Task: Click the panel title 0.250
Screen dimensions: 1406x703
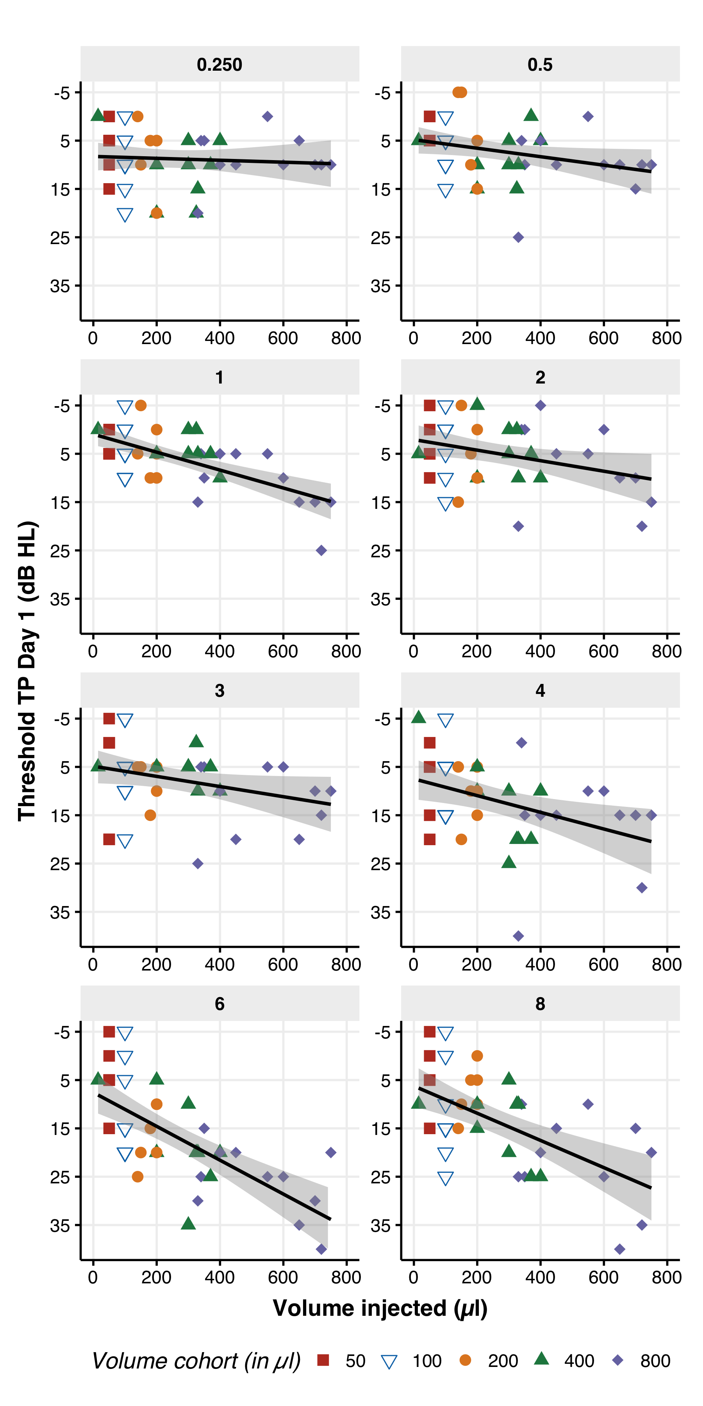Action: (219, 64)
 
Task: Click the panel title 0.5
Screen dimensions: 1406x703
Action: (540, 64)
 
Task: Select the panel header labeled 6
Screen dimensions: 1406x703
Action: (219, 1003)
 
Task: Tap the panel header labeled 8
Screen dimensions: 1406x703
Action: (540, 1003)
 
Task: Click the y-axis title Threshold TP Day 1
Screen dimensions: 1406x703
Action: (27, 671)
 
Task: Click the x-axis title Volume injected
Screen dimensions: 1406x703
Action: (380, 1308)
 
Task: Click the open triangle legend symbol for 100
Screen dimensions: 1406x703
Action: (389, 1361)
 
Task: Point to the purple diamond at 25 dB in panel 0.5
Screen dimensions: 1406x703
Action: (519, 237)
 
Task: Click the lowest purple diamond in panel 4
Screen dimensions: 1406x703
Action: (519, 935)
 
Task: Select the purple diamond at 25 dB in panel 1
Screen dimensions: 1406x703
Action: (321, 550)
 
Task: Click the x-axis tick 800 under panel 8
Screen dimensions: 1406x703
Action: (666, 1277)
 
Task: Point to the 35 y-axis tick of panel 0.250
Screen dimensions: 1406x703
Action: (60, 286)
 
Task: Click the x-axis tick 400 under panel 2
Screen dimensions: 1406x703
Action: (540, 651)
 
